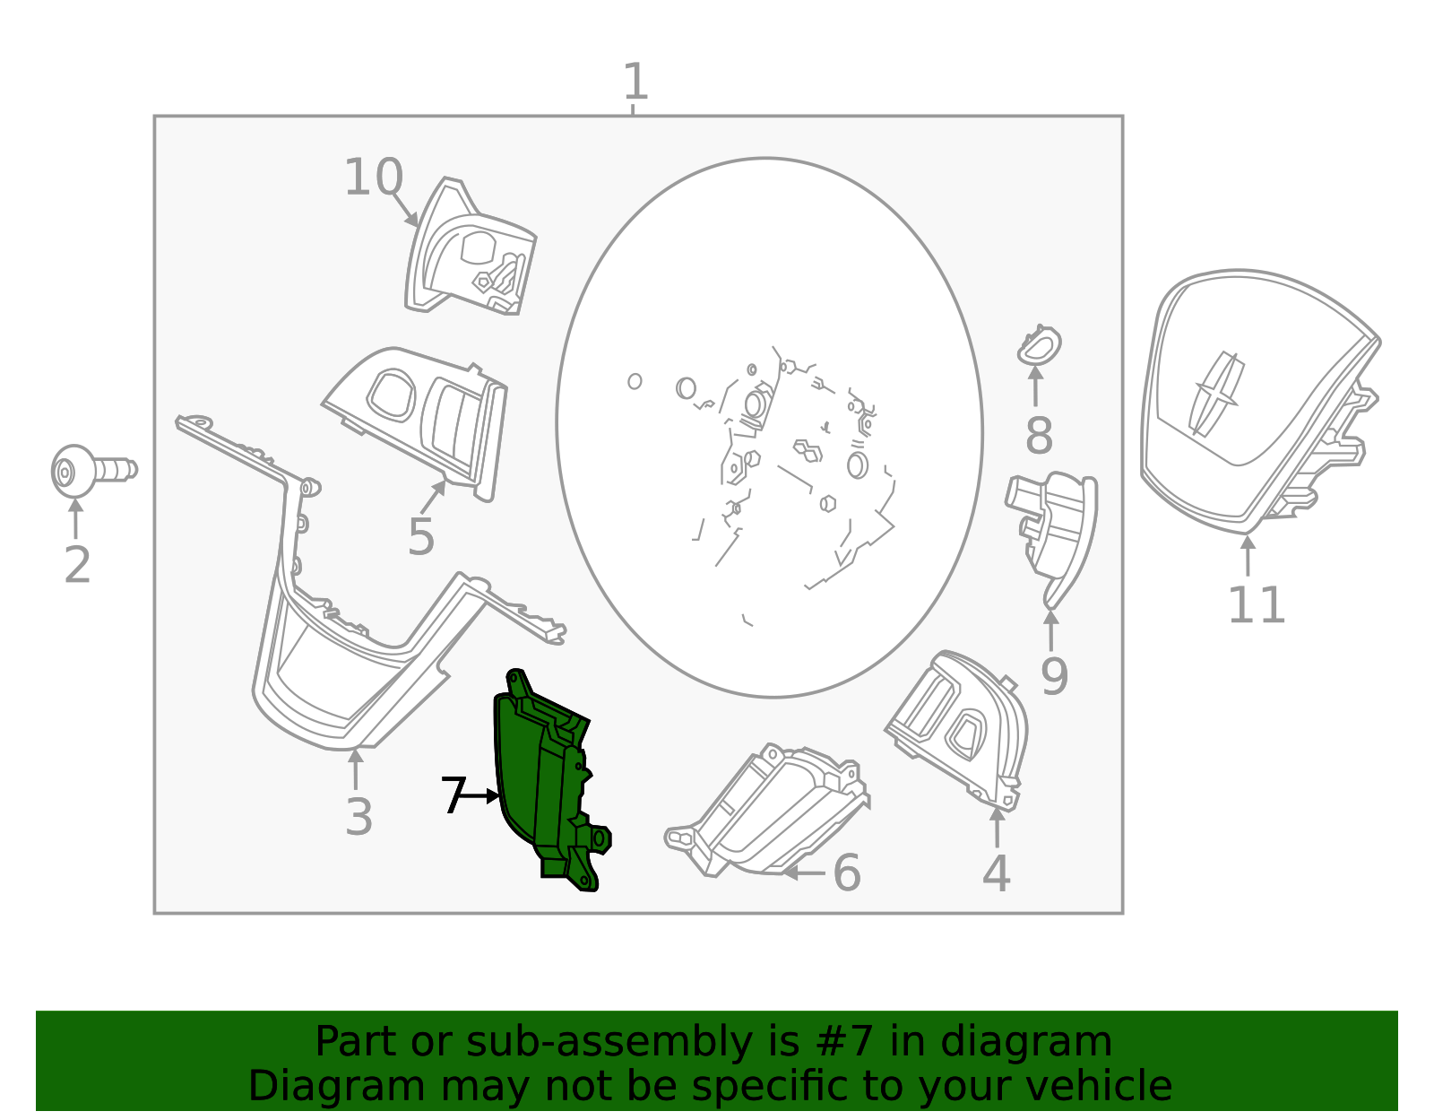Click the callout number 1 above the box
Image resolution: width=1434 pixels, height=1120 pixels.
tap(635, 82)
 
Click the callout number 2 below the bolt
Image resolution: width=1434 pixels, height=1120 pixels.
tap(77, 566)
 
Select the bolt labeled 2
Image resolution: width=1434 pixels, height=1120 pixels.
tap(90, 471)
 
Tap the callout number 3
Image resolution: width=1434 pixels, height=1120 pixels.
tap(358, 818)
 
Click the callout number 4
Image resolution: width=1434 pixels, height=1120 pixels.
tap(996, 874)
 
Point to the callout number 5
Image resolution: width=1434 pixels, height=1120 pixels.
tap(420, 537)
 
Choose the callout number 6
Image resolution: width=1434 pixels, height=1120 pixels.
tap(846, 873)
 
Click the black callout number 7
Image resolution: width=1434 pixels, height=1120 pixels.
tap(453, 795)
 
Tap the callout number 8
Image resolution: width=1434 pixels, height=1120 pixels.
tap(1038, 437)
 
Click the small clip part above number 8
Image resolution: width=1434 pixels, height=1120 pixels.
tap(1039, 345)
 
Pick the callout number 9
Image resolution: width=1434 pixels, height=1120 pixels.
tap(1054, 677)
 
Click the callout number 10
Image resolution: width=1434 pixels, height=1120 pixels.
tap(373, 178)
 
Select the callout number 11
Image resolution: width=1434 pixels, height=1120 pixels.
tap(1256, 606)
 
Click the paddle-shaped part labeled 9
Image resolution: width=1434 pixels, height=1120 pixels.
tap(1058, 529)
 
